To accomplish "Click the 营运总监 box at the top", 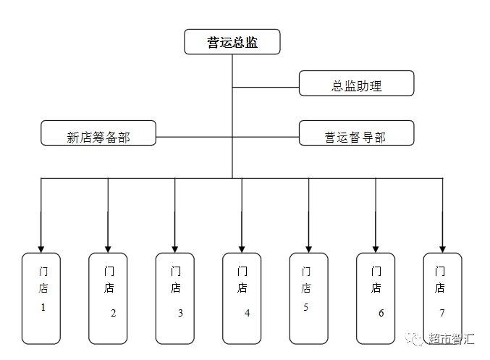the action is pyautogui.click(x=232, y=41).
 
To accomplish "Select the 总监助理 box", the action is pyautogui.click(x=357, y=83).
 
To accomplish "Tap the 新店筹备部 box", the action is pyautogui.click(x=98, y=133).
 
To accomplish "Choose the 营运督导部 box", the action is pyautogui.click(x=357, y=133).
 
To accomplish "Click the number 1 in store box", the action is pyautogui.click(x=43, y=307).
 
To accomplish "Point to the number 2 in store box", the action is pyautogui.click(x=113, y=313).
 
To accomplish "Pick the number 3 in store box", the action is pyautogui.click(x=180, y=313).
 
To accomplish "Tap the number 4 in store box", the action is pyautogui.click(x=248, y=313).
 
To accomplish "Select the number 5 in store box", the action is pyautogui.click(x=305, y=307).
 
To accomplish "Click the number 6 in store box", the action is pyautogui.click(x=381, y=313).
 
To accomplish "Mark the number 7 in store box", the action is pyautogui.click(x=442, y=313).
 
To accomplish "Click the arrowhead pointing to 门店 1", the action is pyautogui.click(x=41, y=249).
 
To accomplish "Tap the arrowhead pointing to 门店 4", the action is pyautogui.click(x=242, y=249).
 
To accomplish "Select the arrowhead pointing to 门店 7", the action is pyautogui.click(x=442, y=249).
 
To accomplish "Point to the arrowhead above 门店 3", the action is pyautogui.click(x=174, y=249).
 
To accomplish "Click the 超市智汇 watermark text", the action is pyautogui.click(x=451, y=338).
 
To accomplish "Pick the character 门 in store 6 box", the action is pyautogui.click(x=376, y=271).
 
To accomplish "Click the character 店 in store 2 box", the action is pyautogui.click(x=109, y=288).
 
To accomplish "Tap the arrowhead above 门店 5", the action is pyautogui.click(x=309, y=249).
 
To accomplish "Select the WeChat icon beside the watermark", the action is pyautogui.click(x=415, y=338).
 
